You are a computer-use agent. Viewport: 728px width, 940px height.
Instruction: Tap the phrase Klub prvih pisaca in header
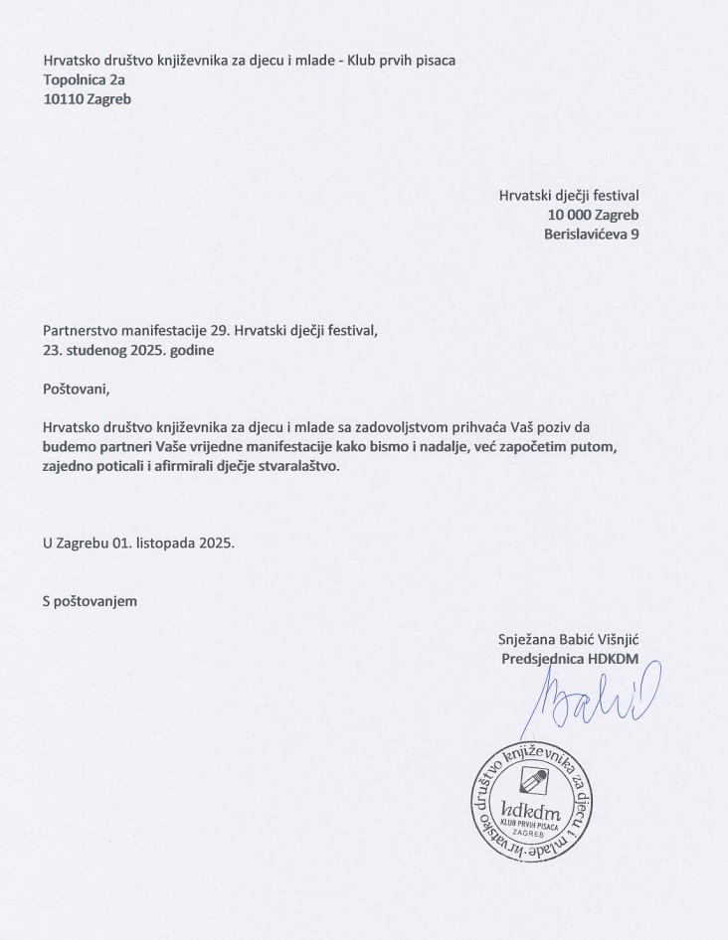tap(402, 61)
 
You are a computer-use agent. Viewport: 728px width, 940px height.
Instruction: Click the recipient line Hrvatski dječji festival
tap(568, 195)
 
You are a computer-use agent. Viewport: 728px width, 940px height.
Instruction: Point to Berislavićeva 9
tap(591, 235)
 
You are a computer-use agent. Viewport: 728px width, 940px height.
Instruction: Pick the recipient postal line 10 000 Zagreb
tap(593, 215)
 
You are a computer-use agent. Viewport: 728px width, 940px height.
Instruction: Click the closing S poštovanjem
tap(89, 601)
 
